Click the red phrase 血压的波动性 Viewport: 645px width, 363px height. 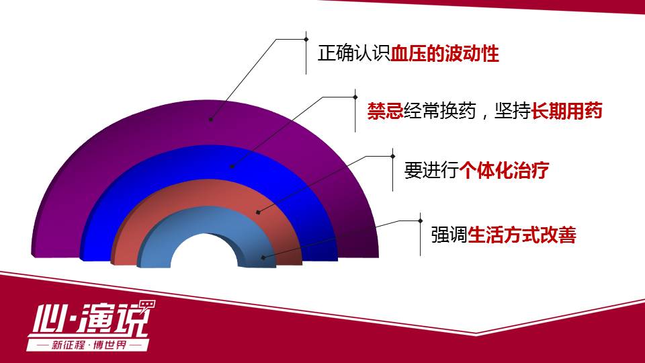point(445,54)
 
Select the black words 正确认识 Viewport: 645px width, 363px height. point(354,54)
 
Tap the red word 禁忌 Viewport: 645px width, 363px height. point(385,111)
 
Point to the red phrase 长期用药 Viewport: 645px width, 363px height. point(567,111)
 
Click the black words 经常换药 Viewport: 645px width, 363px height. point(439,111)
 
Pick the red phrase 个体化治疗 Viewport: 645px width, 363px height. point(504,170)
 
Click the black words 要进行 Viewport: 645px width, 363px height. point(431,170)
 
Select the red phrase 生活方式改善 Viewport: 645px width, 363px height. point(522,235)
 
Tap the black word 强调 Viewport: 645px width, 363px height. point(449,235)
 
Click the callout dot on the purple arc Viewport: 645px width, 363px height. point(210,120)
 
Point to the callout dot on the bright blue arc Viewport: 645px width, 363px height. point(232,167)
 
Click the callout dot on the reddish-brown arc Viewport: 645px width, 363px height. point(258,212)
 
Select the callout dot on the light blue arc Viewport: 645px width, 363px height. point(263,257)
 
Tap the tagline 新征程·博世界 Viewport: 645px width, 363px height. point(89,345)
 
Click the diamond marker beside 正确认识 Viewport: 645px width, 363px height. point(306,39)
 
